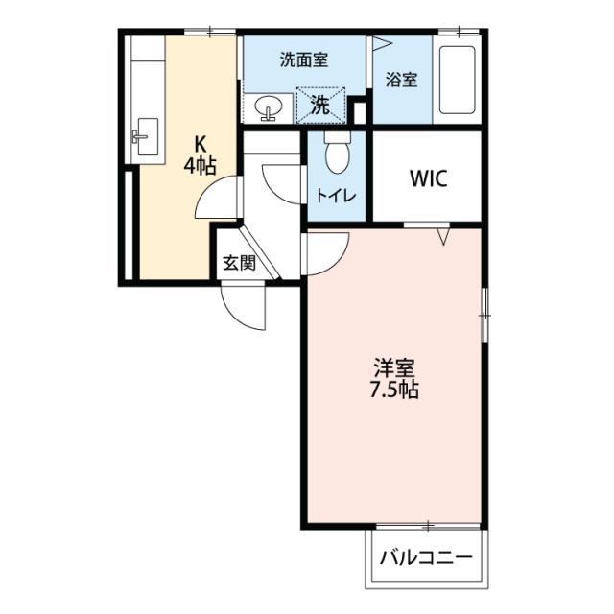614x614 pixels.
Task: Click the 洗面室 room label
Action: click(303, 59)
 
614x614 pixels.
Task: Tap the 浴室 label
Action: click(401, 80)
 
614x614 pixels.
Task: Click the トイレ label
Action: click(337, 196)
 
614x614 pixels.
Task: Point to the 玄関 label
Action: click(239, 262)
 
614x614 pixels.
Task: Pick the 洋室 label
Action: click(394, 367)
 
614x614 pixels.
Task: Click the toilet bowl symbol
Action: click(338, 153)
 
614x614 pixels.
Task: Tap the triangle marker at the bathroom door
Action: click(379, 43)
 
